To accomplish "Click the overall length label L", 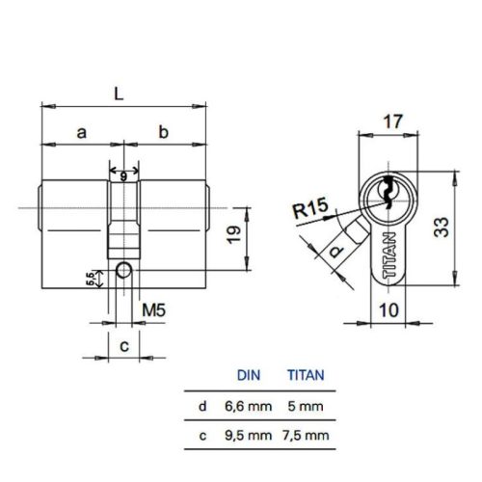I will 119,94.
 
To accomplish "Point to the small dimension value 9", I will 123,174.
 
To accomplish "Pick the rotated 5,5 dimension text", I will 91,279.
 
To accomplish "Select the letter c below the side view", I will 122,343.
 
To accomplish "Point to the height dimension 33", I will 441,228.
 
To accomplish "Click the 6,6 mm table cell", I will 248,407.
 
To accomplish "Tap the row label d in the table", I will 202,407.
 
